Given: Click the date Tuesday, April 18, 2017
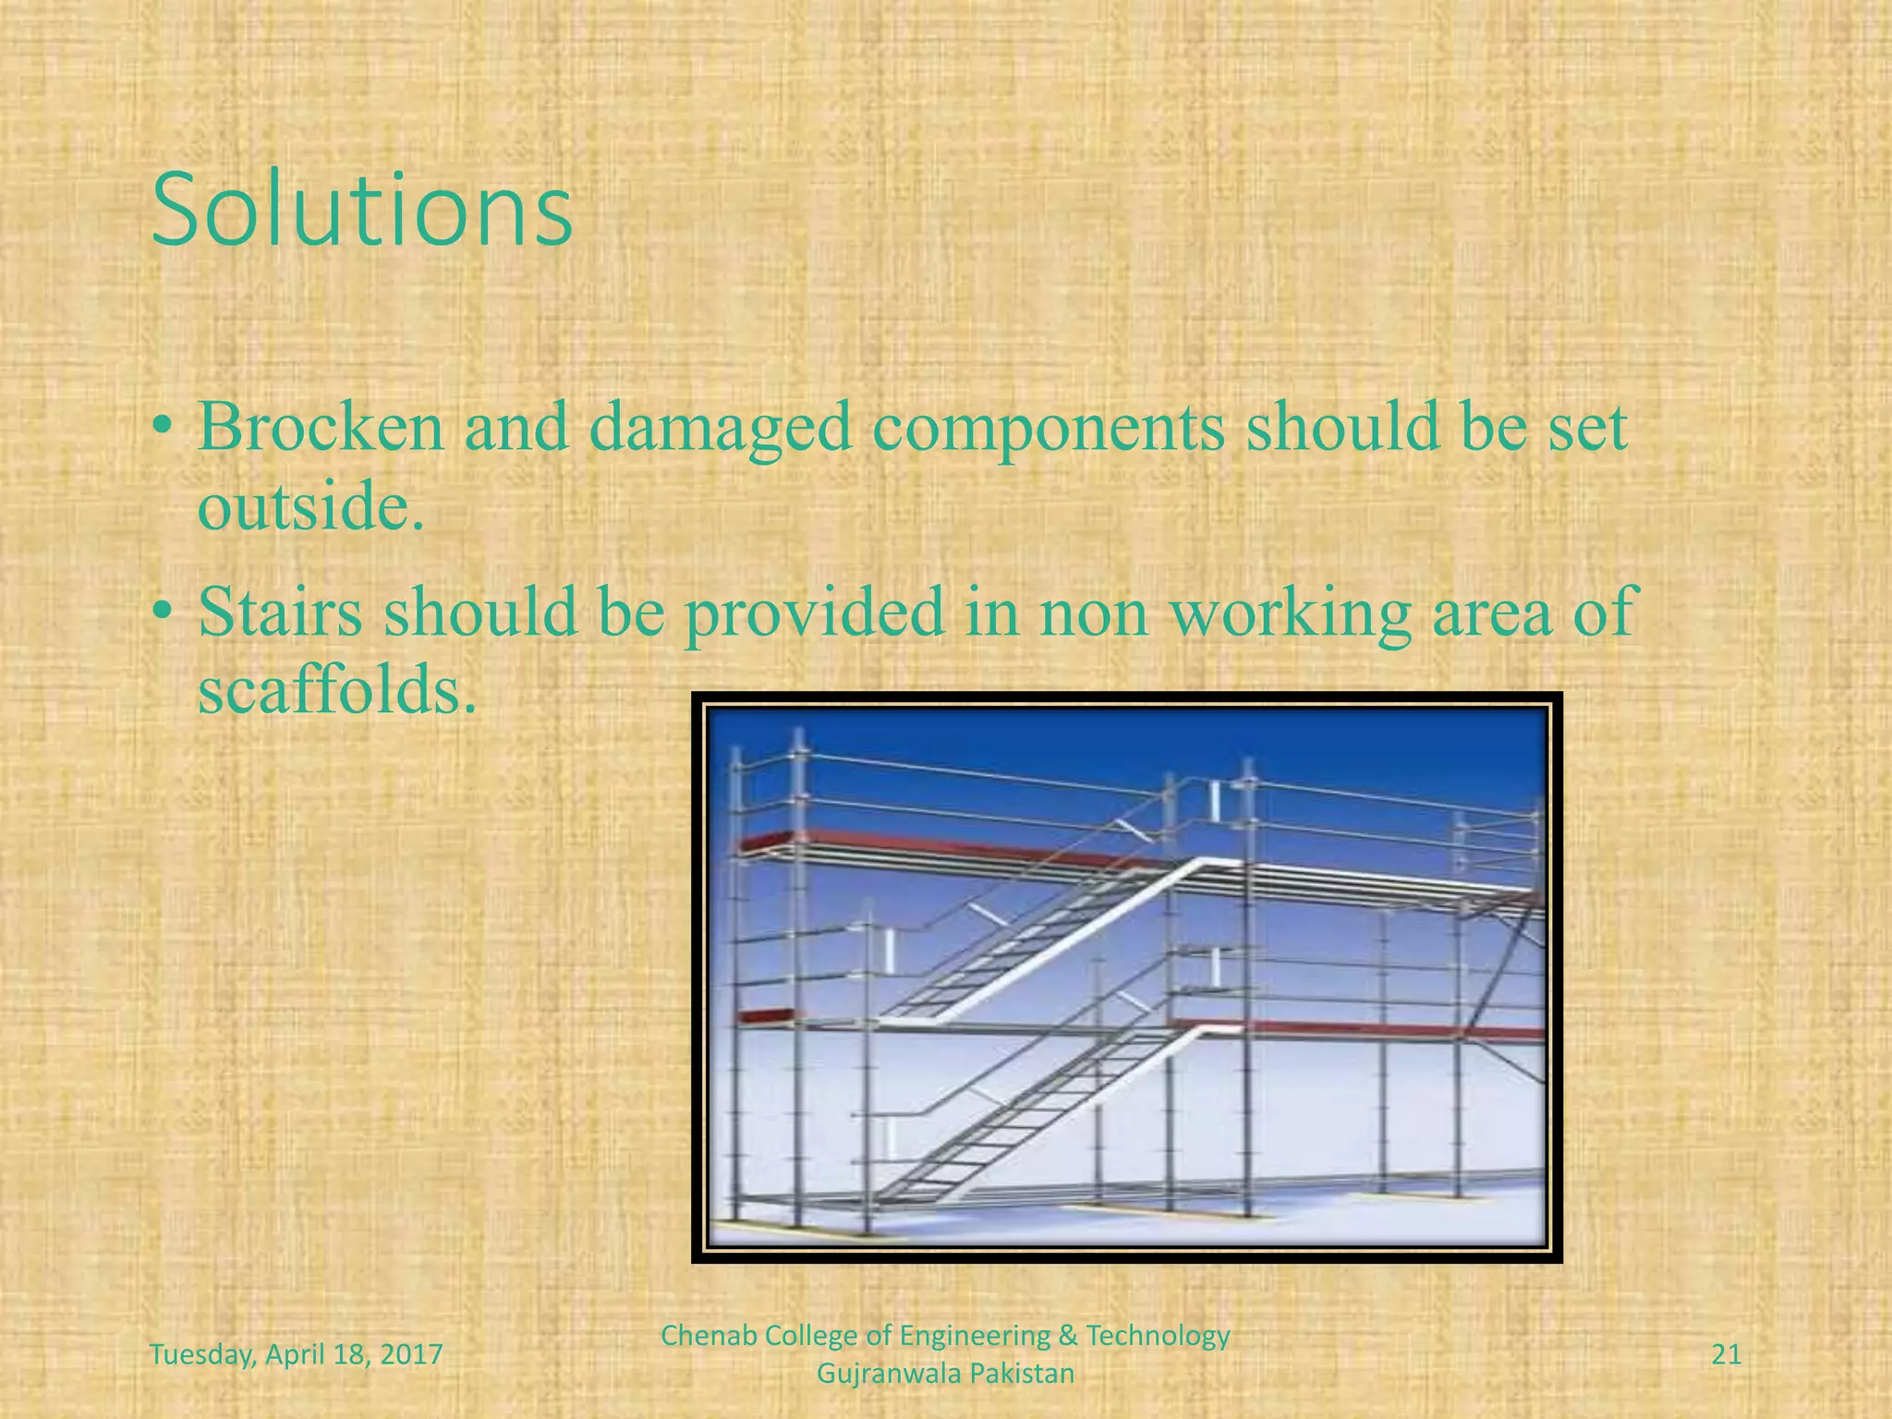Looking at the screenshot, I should [296, 1355].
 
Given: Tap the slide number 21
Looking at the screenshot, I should [1726, 1355].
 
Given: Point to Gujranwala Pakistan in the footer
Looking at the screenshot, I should [946, 1374].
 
